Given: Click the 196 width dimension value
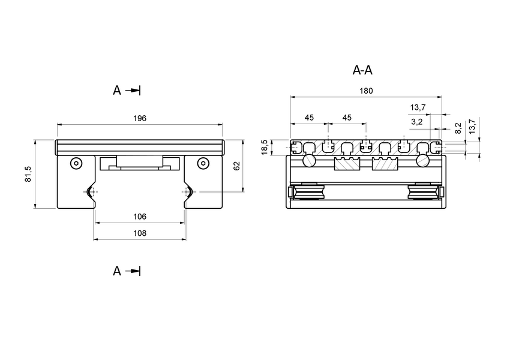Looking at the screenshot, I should pyautogui.click(x=139, y=118).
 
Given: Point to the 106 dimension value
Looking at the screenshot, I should pyautogui.click(x=139, y=216).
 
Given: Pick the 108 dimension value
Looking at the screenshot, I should pyautogui.click(x=139, y=233).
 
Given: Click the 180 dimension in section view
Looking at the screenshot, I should pyautogui.click(x=365, y=91).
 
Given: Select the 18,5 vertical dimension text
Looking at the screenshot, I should pyautogui.click(x=265, y=148).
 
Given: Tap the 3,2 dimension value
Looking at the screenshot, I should pyautogui.click(x=418, y=122).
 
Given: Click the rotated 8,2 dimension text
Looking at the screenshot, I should pyautogui.click(x=458, y=128).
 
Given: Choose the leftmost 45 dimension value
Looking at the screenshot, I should pyautogui.click(x=309, y=118).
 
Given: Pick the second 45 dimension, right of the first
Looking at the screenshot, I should pyautogui.click(x=347, y=118).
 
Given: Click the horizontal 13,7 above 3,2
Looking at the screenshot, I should pyautogui.click(x=418, y=107).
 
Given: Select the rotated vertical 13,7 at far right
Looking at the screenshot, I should pyautogui.click(x=472, y=126).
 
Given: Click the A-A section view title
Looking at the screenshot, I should pyautogui.click(x=362, y=70).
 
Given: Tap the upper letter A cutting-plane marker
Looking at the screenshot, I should pyautogui.click(x=117, y=91).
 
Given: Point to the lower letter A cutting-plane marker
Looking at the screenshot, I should pyautogui.click(x=117, y=271).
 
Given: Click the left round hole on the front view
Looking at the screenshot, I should pyautogui.click(x=75, y=163).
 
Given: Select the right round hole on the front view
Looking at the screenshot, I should pyautogui.click(x=203, y=163).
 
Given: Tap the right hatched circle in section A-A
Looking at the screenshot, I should pyautogui.click(x=422, y=161).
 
